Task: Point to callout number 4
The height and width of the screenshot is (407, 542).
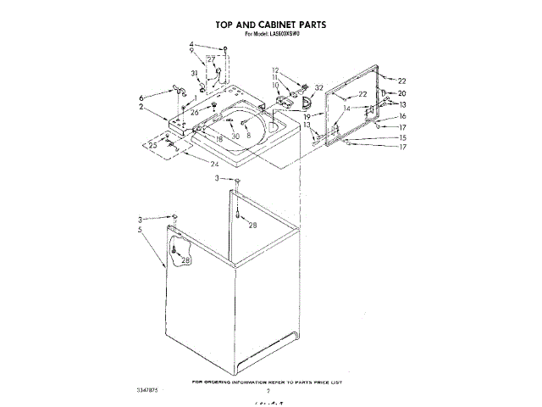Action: coord(191,44)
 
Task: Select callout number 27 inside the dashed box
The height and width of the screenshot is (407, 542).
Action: coord(212,59)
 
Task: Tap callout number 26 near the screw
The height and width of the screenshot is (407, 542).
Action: coord(194,112)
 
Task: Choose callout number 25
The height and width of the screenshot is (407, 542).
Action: coord(152,145)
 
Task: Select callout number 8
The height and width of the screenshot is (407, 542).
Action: coord(249,136)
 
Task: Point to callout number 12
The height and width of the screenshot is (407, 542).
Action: coord(275,70)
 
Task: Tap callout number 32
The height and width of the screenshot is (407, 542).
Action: coord(318,88)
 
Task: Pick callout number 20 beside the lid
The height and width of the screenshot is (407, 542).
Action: coord(402,93)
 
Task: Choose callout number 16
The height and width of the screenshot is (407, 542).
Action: coord(403,116)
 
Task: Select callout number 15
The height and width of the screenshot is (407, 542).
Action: coord(403,137)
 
